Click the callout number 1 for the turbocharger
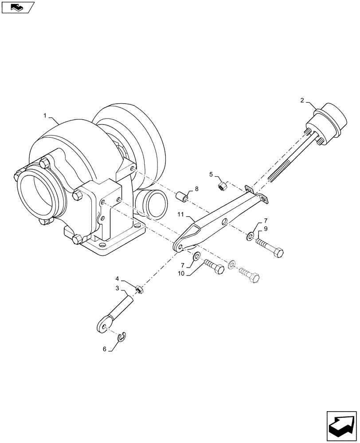coord(45,116)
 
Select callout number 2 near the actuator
coord(302,101)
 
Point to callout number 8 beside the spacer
coord(197,188)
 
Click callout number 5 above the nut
coord(211,175)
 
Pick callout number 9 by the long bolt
coord(266,229)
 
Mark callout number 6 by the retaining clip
coord(105,349)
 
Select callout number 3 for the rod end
coord(117,288)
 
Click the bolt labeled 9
coord(270,248)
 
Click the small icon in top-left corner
coord(17,7)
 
